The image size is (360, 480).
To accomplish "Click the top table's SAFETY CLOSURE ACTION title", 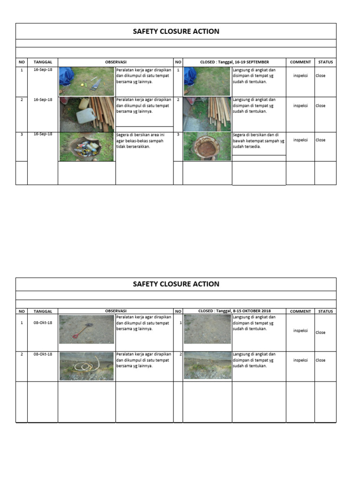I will pos(176,31).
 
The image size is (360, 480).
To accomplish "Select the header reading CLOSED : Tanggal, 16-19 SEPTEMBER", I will pos(234,62).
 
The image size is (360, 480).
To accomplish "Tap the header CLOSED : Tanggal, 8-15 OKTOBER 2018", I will pos(234,311).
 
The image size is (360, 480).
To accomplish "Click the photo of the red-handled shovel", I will pos(86,329).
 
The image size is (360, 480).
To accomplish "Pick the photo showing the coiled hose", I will pos(86,366).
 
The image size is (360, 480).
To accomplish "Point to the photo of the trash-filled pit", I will pos(86,147).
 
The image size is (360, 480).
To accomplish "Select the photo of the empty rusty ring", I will pos(207,147).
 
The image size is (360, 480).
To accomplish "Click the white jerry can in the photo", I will pos(86,115).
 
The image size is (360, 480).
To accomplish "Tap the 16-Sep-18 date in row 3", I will pos(43,134).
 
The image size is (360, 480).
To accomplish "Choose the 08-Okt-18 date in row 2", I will pos(43,354).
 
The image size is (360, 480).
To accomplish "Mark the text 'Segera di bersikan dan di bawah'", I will pos(258,141).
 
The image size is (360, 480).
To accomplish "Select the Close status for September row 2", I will pos(320,106).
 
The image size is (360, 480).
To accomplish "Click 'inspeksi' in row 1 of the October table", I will pos(300,330).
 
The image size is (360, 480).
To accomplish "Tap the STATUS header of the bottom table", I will pos(325,311).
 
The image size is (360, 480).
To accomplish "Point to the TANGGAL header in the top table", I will pos(43,62).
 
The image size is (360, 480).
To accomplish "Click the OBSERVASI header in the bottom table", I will pos(115,311).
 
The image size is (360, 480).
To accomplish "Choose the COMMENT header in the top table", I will pos(300,62).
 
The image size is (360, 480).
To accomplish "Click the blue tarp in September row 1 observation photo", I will pos(66,75).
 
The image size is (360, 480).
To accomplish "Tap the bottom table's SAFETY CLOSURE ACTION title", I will pos(176,284).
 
